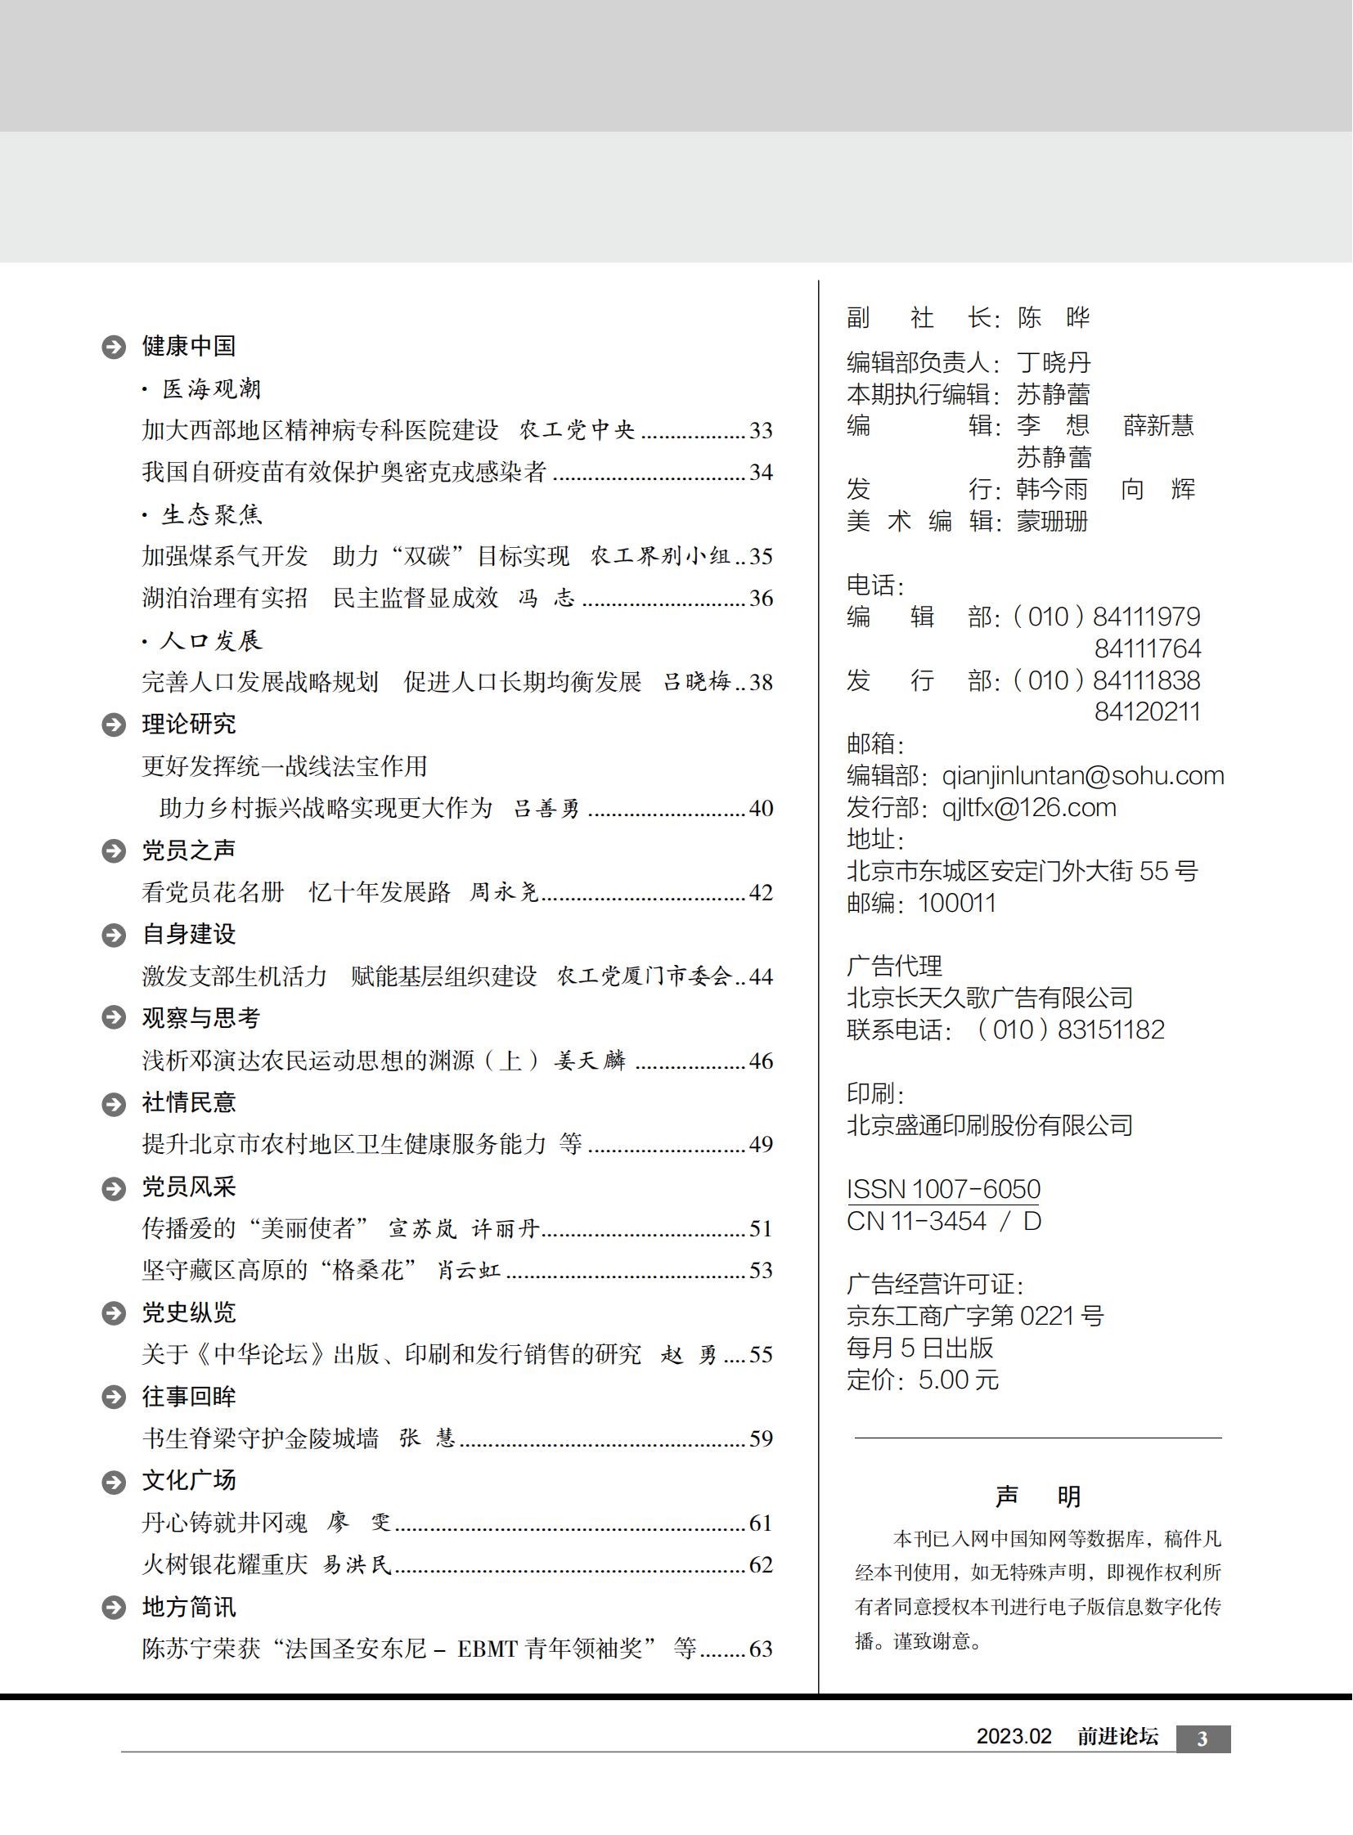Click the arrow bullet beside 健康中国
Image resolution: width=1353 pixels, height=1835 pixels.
coord(113,348)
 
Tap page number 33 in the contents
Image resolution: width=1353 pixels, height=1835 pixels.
coord(761,431)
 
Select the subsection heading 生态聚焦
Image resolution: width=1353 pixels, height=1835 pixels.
coord(212,514)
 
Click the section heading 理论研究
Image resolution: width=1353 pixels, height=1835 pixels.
coord(188,724)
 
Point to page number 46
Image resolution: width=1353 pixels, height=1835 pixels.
coord(761,1061)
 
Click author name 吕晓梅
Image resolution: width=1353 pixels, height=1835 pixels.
coord(696,682)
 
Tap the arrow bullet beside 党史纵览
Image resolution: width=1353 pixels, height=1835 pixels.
coord(113,1313)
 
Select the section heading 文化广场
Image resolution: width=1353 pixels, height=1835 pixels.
coord(188,1480)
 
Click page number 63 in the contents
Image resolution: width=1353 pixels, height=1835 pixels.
coord(761,1649)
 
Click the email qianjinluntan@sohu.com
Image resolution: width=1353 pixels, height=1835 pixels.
coord(1083,775)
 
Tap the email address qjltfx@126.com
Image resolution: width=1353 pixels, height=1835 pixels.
coord(1029,807)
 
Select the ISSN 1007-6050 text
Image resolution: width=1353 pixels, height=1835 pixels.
coord(942,1189)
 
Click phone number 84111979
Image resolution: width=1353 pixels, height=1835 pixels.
coord(1147,617)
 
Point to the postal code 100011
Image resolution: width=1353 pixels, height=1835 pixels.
coord(956,903)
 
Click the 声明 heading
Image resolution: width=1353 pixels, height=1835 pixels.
coord(1038,1496)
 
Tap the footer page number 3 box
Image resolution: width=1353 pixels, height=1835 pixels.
coord(1202,1739)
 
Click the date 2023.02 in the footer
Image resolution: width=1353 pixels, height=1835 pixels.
coord(1013,1737)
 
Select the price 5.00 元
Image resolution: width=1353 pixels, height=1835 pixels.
coord(958,1380)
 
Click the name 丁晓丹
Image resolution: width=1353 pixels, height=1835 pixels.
coord(1054,362)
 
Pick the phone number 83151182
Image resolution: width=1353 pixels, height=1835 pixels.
coord(1111,1030)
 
